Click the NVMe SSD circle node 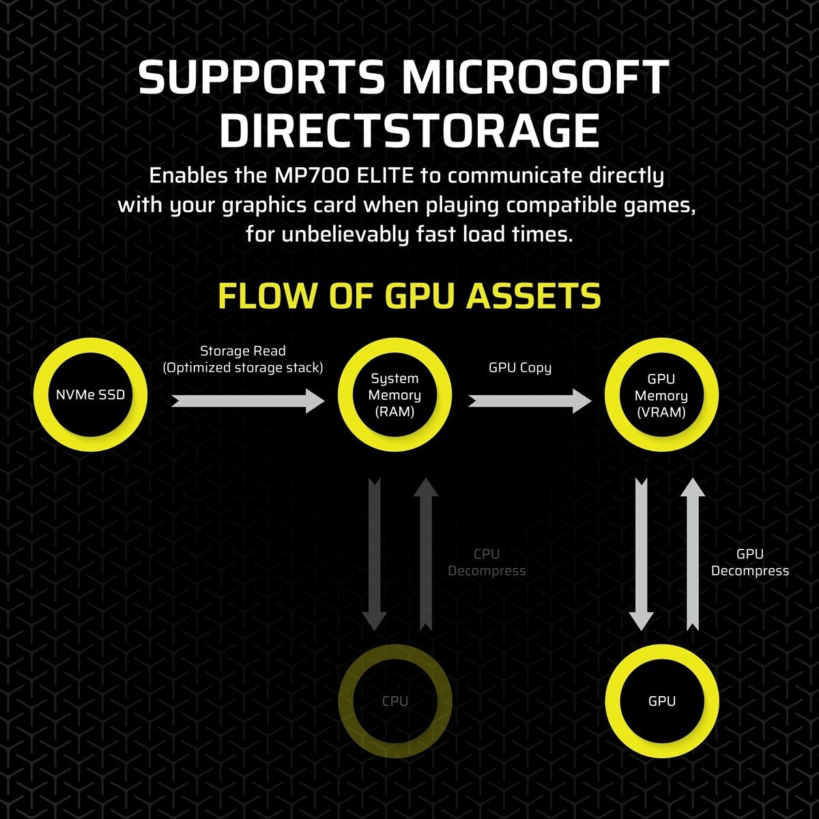pos(91,394)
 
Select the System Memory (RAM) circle pos(394,394)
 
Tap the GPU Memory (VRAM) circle pos(661,394)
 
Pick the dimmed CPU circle pos(395,701)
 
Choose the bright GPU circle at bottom pos(662,701)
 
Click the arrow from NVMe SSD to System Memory pos(248,401)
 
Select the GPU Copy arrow pos(530,401)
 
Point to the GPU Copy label pos(520,368)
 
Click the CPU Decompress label pos(487,562)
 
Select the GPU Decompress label pos(749,562)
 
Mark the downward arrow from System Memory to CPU pos(375,554)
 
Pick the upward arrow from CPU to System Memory pos(425,554)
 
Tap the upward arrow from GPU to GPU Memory pos(692,554)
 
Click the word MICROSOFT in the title pos(536,76)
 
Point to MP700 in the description pos(312,176)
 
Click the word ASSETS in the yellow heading pos(534,296)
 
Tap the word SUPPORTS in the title pos(261,76)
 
